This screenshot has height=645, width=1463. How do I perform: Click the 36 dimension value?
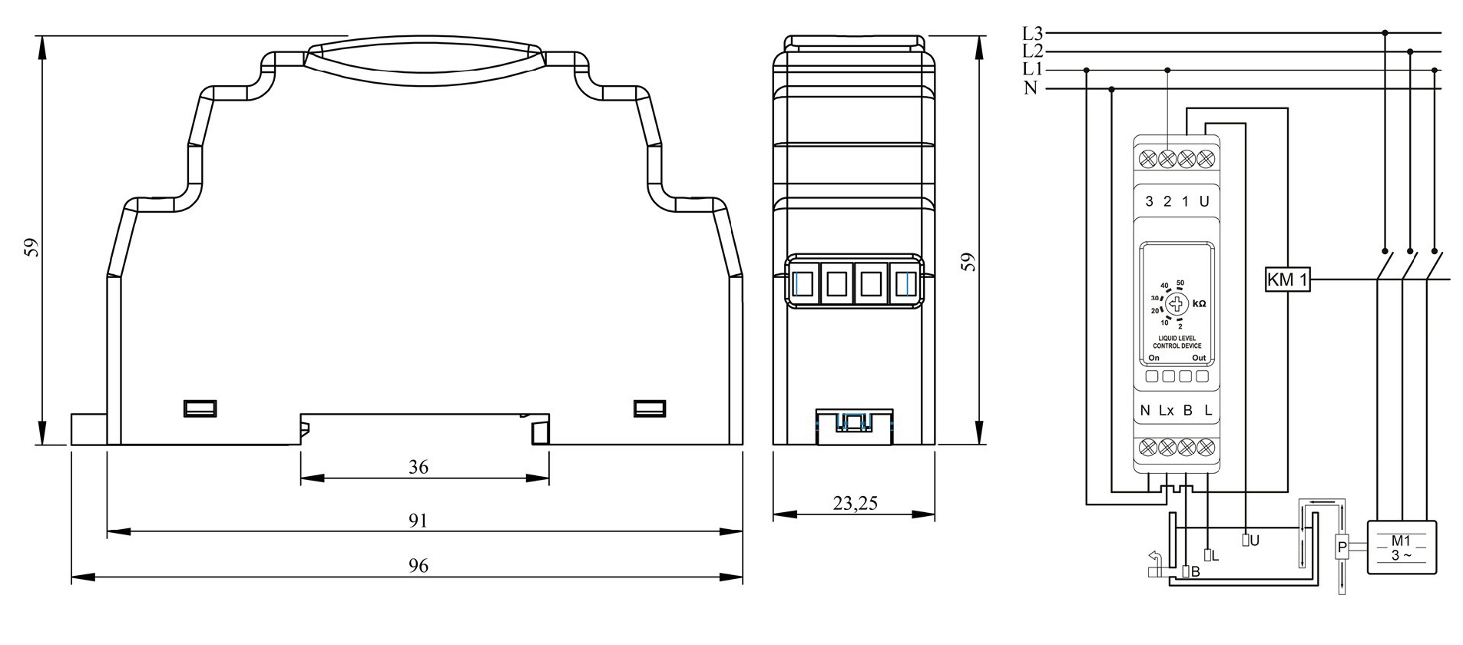[x=419, y=467]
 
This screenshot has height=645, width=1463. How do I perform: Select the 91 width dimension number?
[x=418, y=521]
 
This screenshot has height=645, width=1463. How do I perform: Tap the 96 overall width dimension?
[x=418, y=566]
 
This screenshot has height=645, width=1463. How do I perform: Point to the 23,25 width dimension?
[x=855, y=504]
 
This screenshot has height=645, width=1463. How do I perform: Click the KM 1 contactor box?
[x=1286, y=280]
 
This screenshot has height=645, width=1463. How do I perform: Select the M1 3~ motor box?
[x=1401, y=547]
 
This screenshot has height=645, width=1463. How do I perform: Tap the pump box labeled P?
[x=1342, y=547]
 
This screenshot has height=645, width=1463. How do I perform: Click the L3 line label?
[x=1032, y=33]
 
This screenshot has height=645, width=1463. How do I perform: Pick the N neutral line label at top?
[x=1031, y=88]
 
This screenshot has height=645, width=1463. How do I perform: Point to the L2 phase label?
[x=1032, y=51]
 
